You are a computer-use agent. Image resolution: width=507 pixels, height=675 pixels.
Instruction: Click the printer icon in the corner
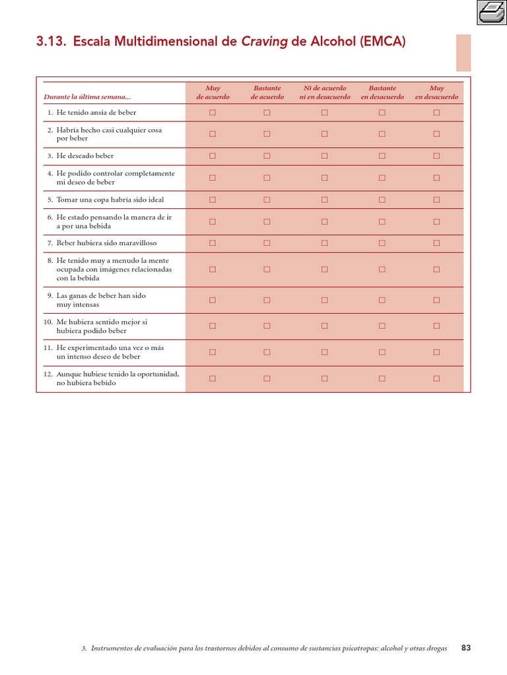click(491, 12)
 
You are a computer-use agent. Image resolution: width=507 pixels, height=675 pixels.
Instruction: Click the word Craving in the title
click(264, 42)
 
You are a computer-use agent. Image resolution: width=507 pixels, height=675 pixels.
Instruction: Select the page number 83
click(466, 648)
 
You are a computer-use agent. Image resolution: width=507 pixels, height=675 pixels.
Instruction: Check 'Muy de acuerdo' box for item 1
click(213, 113)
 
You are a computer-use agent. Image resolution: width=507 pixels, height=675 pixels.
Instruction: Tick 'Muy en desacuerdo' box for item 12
click(436, 378)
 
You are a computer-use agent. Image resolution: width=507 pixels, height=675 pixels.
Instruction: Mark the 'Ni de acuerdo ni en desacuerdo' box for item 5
click(324, 200)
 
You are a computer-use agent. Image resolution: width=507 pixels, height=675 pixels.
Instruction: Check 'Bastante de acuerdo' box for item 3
click(267, 156)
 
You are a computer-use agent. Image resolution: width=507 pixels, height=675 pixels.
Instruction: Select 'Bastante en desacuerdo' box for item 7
click(382, 243)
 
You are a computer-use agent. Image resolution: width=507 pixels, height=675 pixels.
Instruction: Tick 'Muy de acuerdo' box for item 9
click(213, 300)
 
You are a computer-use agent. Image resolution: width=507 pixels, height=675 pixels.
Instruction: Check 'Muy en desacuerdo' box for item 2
click(436, 134)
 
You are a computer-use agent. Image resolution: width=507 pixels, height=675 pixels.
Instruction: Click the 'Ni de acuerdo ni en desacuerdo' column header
click(324, 92)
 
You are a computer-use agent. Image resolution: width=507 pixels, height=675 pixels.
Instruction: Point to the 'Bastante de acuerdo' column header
click(267, 92)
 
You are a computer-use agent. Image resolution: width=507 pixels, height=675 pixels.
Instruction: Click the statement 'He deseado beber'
click(85, 156)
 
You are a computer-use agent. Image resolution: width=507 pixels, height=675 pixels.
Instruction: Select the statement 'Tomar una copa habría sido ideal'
click(110, 200)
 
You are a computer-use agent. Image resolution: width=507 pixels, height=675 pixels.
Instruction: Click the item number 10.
click(48, 322)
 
